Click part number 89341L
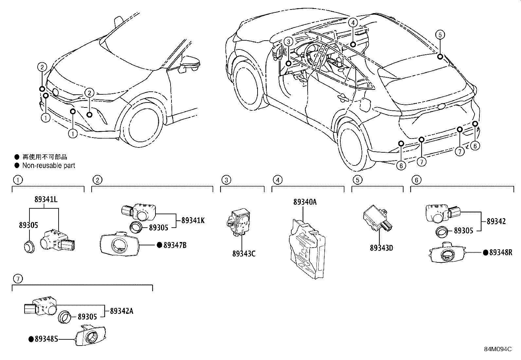(46, 199)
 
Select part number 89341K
(193, 220)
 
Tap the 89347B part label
(175, 245)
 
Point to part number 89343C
(244, 254)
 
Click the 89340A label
(305, 202)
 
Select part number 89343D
(381, 248)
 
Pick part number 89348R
(500, 252)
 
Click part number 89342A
(121, 311)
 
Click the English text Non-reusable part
(49, 165)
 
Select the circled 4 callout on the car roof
(352, 22)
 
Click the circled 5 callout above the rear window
(440, 34)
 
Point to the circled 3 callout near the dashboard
(288, 42)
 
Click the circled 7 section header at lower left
(18, 279)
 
